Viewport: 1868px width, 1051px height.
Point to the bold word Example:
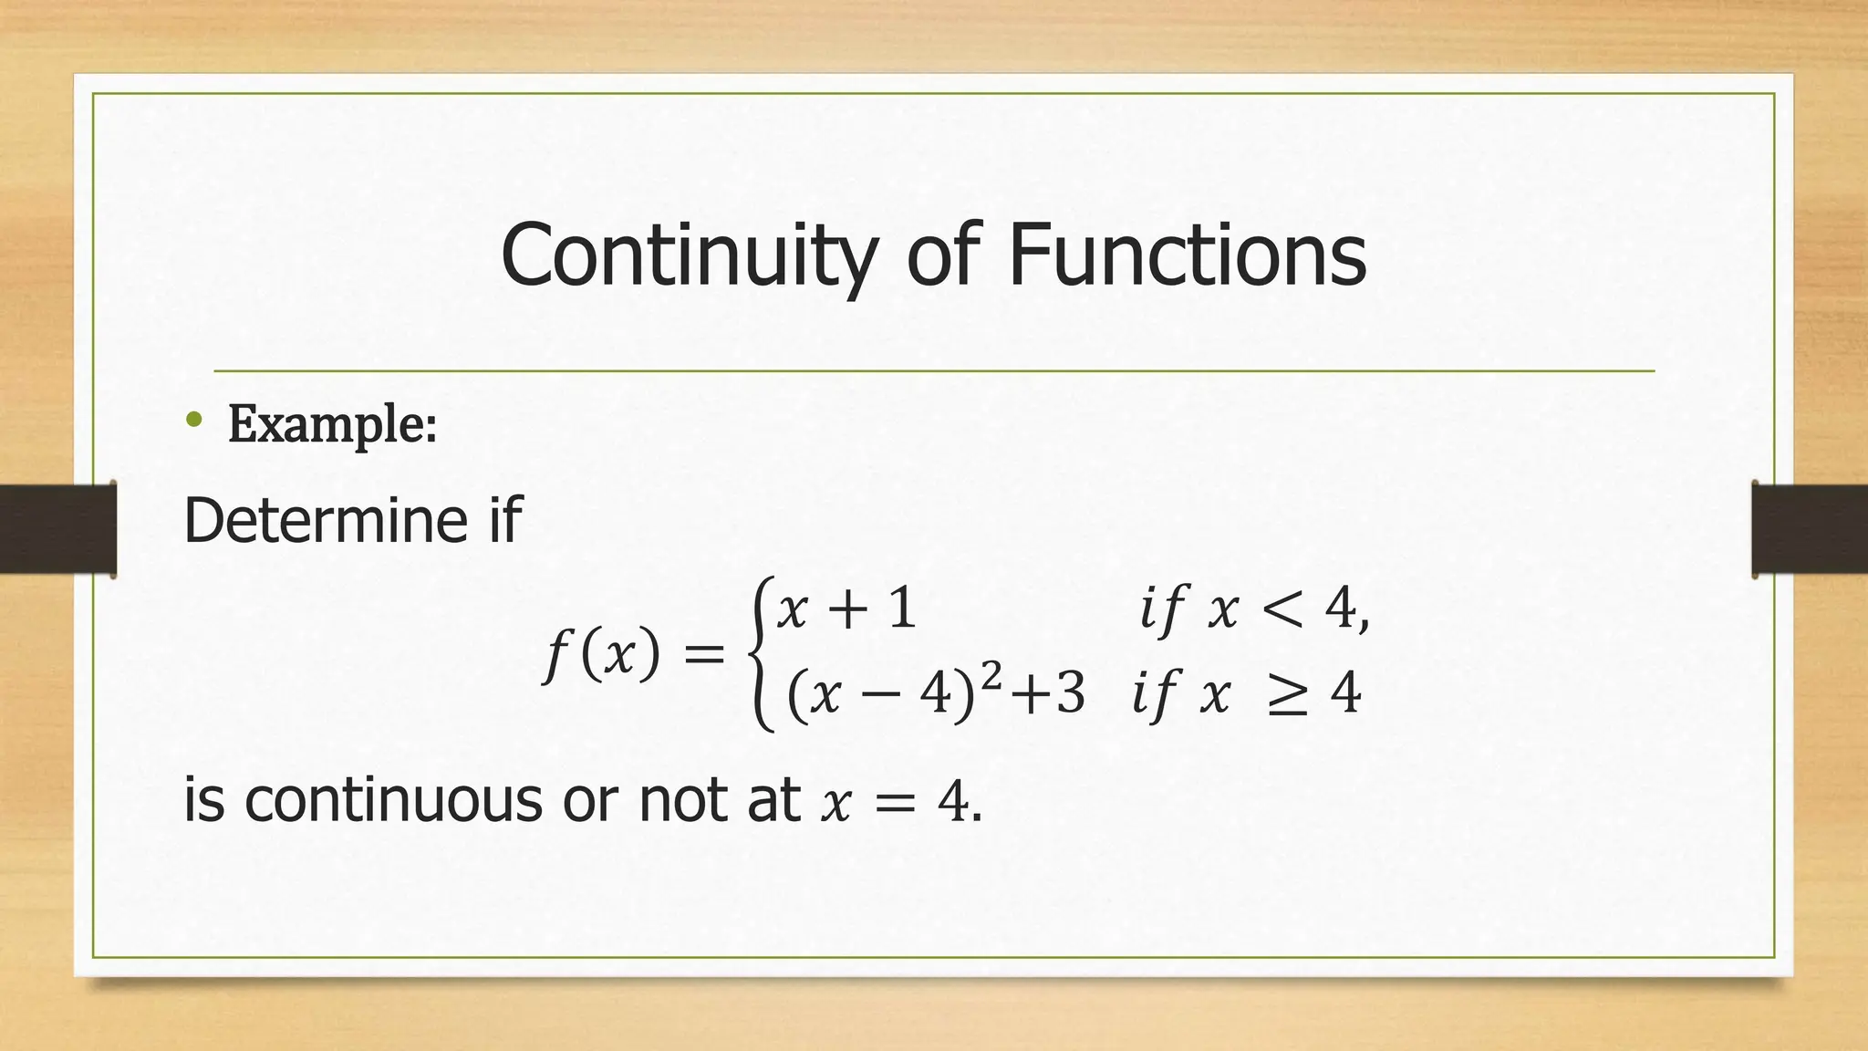[x=332, y=424]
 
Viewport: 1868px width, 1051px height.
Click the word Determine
[x=326, y=520]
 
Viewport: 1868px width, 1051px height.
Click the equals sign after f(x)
[x=703, y=654]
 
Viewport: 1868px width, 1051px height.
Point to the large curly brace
[x=760, y=653]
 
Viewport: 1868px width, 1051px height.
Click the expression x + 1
[x=846, y=609]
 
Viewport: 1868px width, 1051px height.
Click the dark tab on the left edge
[x=57, y=529]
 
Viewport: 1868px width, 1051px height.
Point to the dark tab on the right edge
[x=1810, y=529]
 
